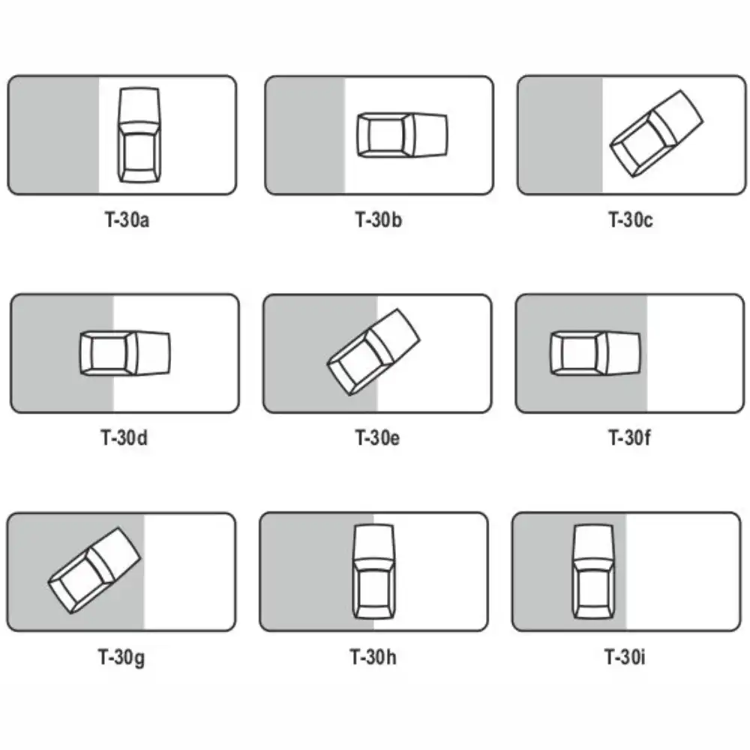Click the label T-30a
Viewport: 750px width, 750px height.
click(127, 220)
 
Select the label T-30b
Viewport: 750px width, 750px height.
click(378, 220)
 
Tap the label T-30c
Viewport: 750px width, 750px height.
click(631, 220)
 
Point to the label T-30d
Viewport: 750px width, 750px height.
click(124, 438)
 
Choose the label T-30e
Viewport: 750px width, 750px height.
click(377, 438)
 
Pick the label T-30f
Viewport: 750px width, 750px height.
click(629, 438)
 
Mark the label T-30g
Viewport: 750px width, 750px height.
click(121, 657)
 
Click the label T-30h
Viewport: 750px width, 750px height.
click(373, 657)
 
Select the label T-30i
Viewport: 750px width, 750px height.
click(624, 657)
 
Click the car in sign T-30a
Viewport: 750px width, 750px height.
click(139, 135)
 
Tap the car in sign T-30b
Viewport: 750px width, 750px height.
click(402, 135)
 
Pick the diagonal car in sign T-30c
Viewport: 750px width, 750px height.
click(656, 133)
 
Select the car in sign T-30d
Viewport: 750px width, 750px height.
click(124, 353)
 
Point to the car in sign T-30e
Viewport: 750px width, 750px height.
click(373, 352)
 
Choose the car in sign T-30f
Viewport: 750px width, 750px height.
click(595, 353)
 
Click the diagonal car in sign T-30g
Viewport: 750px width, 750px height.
click(94, 570)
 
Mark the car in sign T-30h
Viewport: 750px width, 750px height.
click(374, 571)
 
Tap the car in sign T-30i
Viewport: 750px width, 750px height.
click(593, 571)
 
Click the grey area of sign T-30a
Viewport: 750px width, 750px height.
click(53, 135)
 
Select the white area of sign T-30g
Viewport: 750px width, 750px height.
click(190, 571)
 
